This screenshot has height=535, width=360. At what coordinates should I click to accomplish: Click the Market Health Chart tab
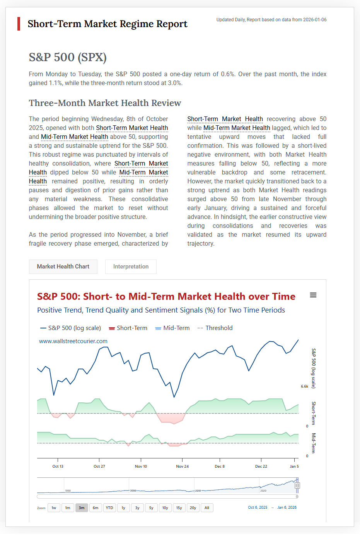pyautogui.click(x=63, y=267)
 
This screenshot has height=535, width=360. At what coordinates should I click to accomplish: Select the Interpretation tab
pyautogui.click(x=131, y=267)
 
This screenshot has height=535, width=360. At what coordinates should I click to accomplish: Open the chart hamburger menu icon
pyautogui.click(x=313, y=295)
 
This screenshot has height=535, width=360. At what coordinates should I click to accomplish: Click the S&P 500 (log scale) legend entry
pyautogui.click(x=71, y=328)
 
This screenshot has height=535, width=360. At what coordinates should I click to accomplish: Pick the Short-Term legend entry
pyautogui.click(x=128, y=328)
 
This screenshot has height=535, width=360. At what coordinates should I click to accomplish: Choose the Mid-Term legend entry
pyautogui.click(x=172, y=328)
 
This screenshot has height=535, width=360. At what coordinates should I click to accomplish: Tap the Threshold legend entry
pyautogui.click(x=215, y=328)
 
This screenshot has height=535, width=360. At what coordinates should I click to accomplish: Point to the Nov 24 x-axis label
pyautogui.click(x=183, y=467)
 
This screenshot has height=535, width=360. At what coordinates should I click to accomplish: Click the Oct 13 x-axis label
pyautogui.click(x=58, y=467)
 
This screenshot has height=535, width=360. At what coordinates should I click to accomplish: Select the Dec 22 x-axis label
pyautogui.click(x=261, y=467)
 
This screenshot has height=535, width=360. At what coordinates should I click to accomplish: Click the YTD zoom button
pyautogui.click(x=109, y=508)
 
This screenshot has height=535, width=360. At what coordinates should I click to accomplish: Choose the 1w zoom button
pyautogui.click(x=54, y=508)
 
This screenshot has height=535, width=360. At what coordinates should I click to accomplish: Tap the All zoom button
pyautogui.click(x=207, y=508)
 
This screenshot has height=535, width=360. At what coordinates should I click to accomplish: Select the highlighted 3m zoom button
pyautogui.click(x=82, y=508)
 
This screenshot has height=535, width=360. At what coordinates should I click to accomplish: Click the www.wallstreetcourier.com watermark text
pyautogui.click(x=73, y=341)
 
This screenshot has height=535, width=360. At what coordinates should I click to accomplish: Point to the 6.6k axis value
pyautogui.click(x=305, y=386)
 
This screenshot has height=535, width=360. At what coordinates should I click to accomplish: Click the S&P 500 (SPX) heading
pyautogui.click(x=68, y=57)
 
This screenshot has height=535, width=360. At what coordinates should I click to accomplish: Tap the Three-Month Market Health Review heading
pyautogui.click(x=105, y=103)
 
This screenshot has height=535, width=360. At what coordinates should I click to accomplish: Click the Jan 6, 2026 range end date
pyautogui.click(x=287, y=508)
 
